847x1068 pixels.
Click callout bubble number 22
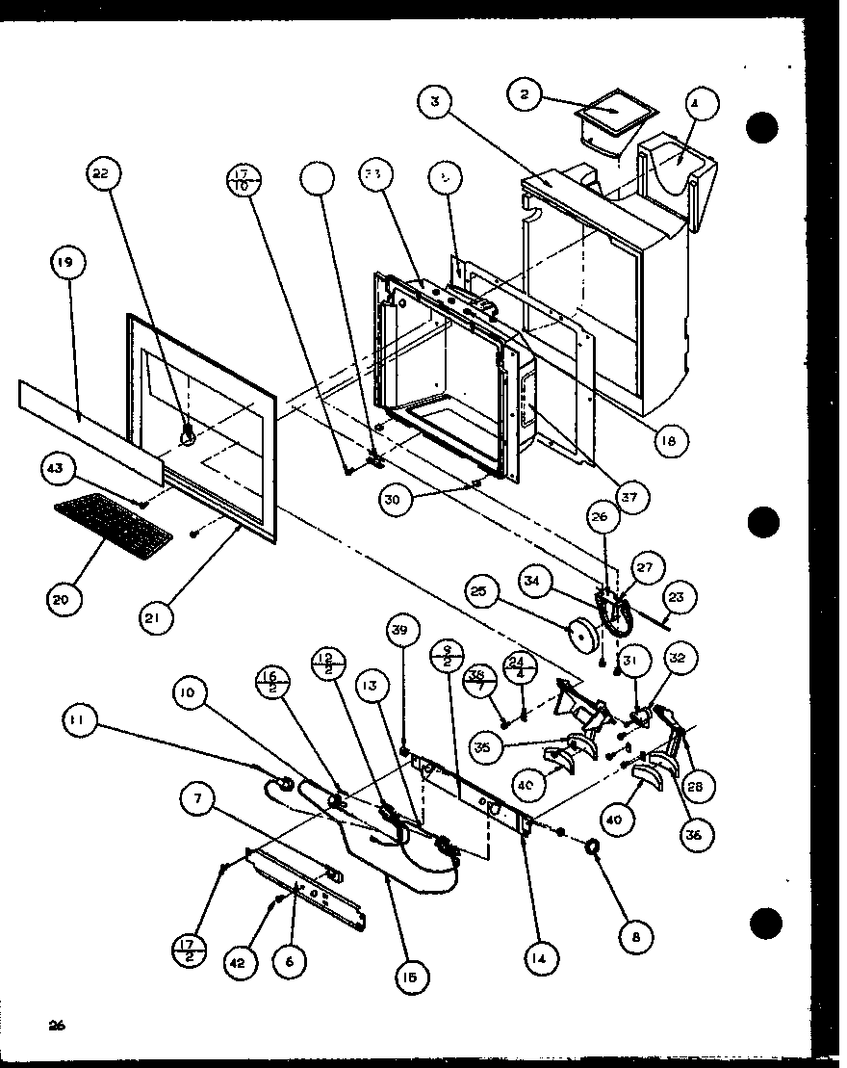(101, 174)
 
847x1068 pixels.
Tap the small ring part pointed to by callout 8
(593, 846)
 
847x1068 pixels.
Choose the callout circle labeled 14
(543, 958)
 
